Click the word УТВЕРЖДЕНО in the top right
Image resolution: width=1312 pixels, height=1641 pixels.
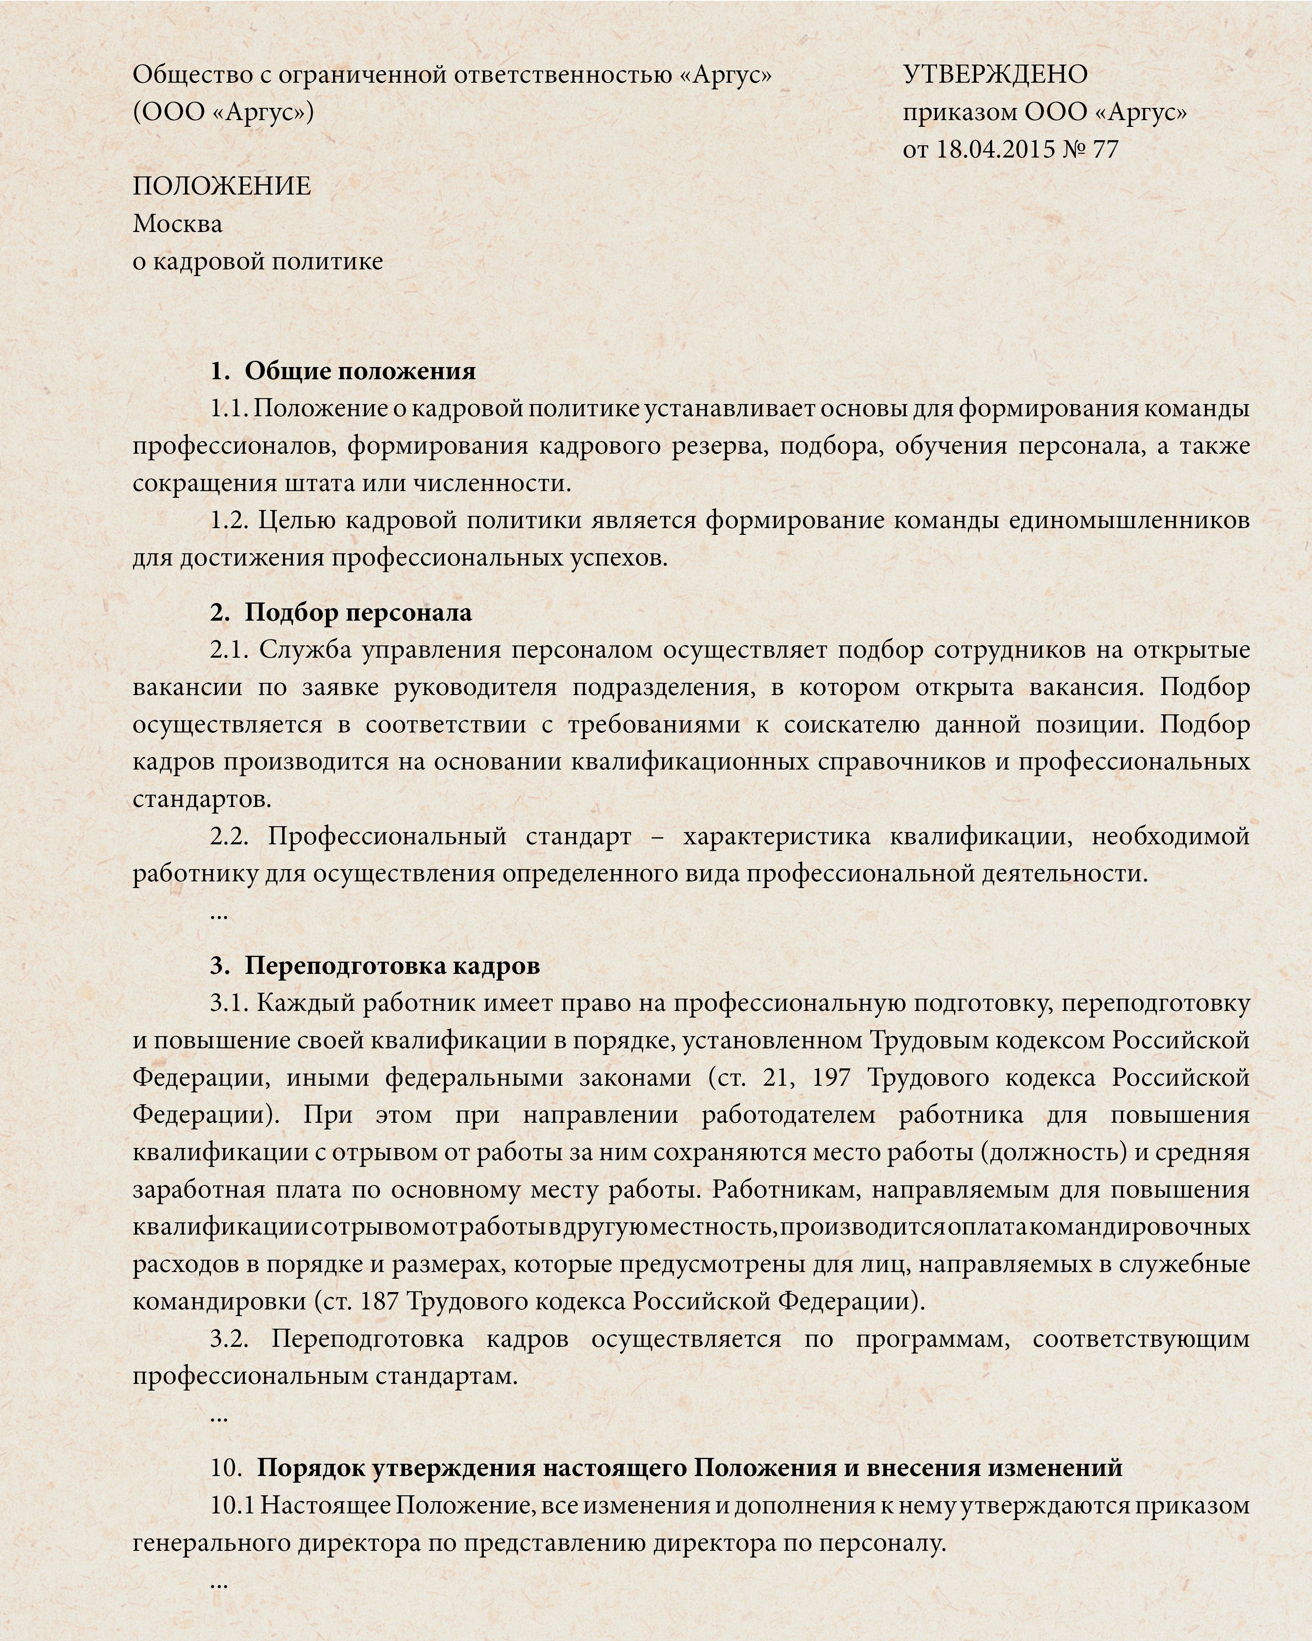(x=996, y=74)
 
